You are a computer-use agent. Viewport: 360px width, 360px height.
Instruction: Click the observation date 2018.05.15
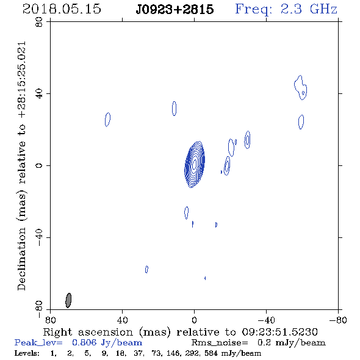pos(62,9)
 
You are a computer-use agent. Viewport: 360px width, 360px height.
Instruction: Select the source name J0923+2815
pos(175,10)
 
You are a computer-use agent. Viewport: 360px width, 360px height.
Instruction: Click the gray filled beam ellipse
pos(68,300)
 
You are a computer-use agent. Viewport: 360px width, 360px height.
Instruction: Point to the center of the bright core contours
pos(195,164)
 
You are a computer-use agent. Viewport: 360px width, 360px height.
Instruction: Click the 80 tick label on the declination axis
pos(39,22)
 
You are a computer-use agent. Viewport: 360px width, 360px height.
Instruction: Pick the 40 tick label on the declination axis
pos(39,94)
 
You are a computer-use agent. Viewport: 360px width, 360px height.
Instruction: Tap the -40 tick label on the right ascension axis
pos(266,320)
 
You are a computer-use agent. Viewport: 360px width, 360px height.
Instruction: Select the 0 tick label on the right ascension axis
pos(194,320)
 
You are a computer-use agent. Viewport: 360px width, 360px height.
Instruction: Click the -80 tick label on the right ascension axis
pos(338,320)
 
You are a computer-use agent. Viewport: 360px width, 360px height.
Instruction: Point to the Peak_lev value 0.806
pos(84,342)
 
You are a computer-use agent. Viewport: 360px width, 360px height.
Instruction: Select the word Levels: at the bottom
pos(27,353)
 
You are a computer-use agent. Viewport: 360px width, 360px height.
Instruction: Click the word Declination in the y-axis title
pos(21,259)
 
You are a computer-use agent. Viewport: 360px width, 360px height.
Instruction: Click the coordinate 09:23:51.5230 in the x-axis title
pos(279,332)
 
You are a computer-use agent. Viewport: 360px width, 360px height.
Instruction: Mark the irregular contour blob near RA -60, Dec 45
pos(301,87)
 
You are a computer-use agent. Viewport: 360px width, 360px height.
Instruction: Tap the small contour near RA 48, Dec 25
pos(107,120)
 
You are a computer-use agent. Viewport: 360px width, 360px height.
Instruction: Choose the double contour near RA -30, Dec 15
pos(247,140)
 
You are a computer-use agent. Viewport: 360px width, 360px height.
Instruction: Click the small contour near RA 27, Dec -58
pos(146,269)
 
